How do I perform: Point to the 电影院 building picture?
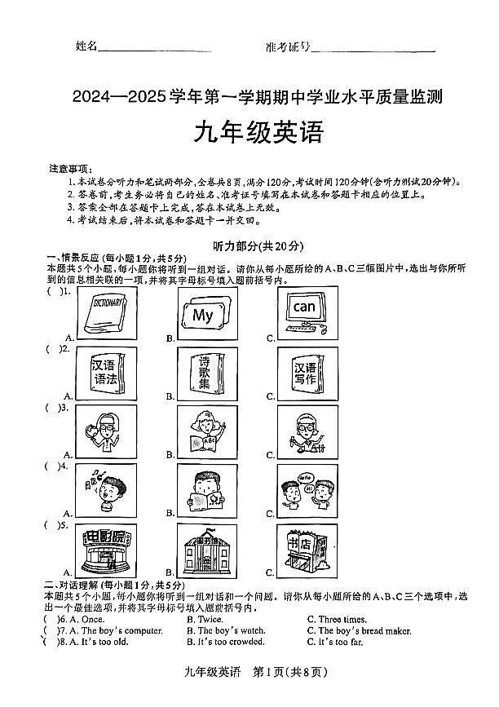click(106, 550)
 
